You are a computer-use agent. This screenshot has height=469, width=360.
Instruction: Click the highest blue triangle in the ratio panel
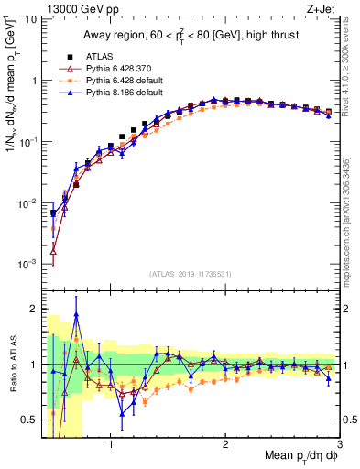coord(76,314)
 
